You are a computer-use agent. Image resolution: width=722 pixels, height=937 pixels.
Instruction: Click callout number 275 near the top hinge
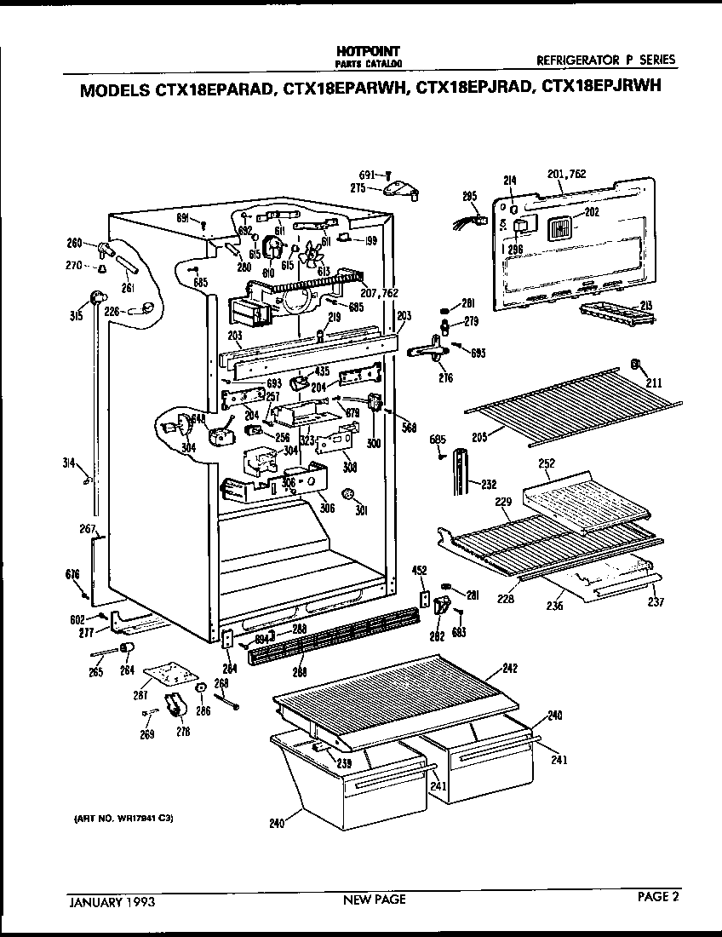coord(359,190)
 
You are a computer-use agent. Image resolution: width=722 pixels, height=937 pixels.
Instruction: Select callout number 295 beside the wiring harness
coord(469,197)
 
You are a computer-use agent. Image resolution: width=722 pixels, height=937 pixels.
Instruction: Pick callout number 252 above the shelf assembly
coord(547,464)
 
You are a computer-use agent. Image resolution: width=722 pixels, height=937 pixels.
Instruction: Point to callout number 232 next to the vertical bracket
coord(489,485)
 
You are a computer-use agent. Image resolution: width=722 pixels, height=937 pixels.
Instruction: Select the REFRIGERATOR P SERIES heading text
coord(605,60)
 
